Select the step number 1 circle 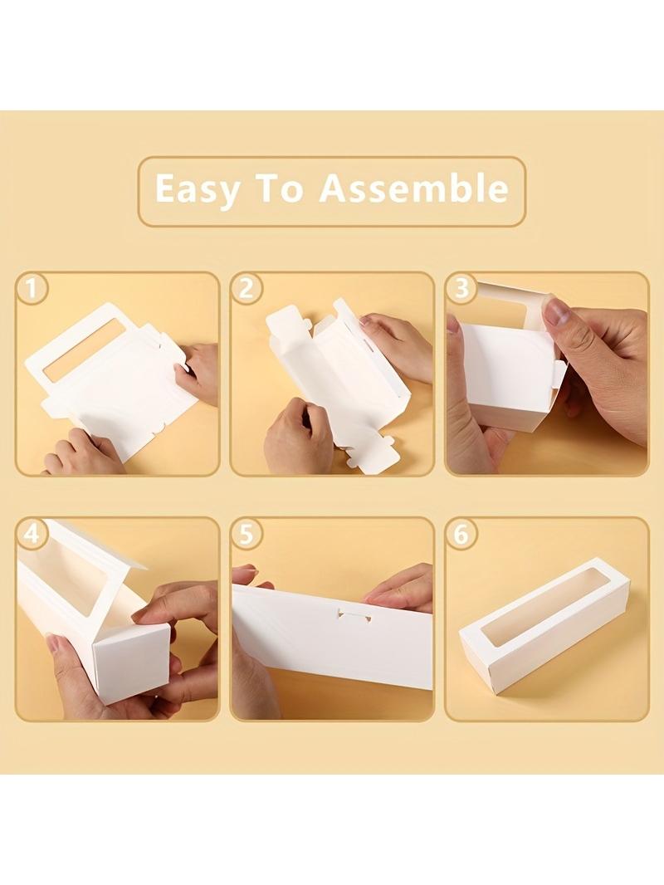point(32,289)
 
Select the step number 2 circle point(247,289)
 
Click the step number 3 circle point(461,289)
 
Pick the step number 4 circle point(32,534)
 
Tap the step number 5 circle point(247,534)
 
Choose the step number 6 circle point(461,534)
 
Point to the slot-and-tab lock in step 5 point(353,613)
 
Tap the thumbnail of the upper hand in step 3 point(559,312)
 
